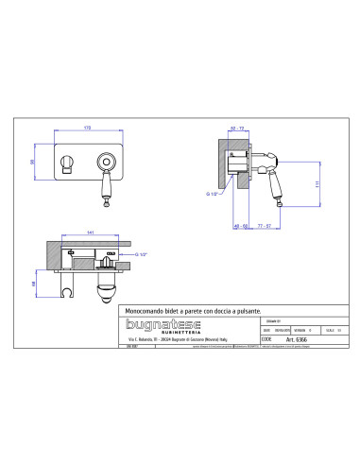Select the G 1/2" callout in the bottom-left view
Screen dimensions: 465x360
click(x=145, y=255)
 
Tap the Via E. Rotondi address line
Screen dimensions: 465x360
click(x=179, y=352)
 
